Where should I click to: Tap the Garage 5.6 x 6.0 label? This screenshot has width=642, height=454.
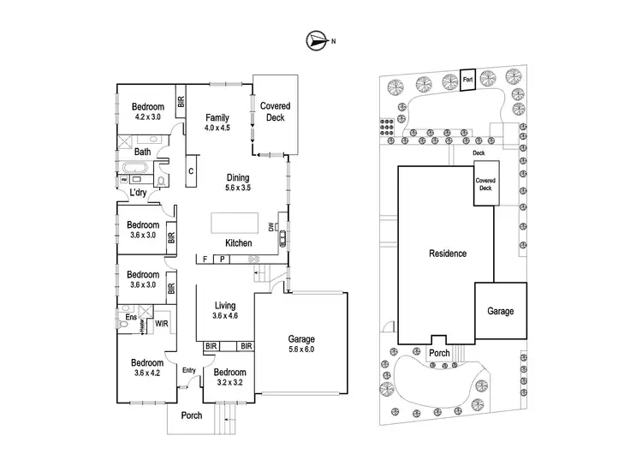pyautogui.click(x=300, y=343)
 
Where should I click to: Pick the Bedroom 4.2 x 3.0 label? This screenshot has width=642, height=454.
pyautogui.click(x=147, y=111)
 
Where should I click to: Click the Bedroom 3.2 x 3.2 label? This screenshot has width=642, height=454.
pyautogui.click(x=230, y=377)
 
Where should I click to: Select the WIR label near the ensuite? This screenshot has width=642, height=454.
pyautogui.click(x=161, y=324)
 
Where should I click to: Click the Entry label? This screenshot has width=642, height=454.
pyautogui.click(x=190, y=370)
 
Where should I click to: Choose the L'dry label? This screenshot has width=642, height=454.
pyautogui.click(x=138, y=194)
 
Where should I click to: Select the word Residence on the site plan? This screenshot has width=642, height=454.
pyautogui.click(x=448, y=254)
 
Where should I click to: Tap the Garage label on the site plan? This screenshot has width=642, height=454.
pyautogui.click(x=501, y=311)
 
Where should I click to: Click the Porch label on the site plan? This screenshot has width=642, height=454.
pyautogui.click(x=439, y=353)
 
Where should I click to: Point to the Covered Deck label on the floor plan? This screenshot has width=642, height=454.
pyautogui.click(x=275, y=112)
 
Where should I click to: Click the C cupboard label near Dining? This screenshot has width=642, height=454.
pyautogui.click(x=190, y=170)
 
